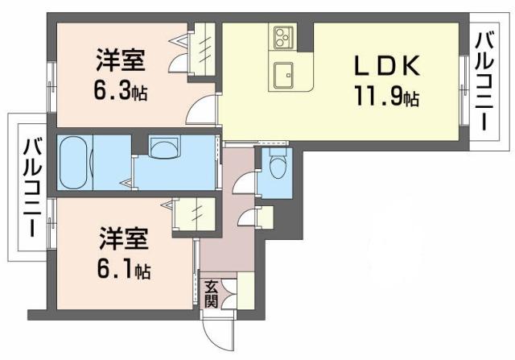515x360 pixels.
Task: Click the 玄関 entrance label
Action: (211, 294)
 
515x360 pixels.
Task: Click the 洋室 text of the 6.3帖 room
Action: (120, 60)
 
